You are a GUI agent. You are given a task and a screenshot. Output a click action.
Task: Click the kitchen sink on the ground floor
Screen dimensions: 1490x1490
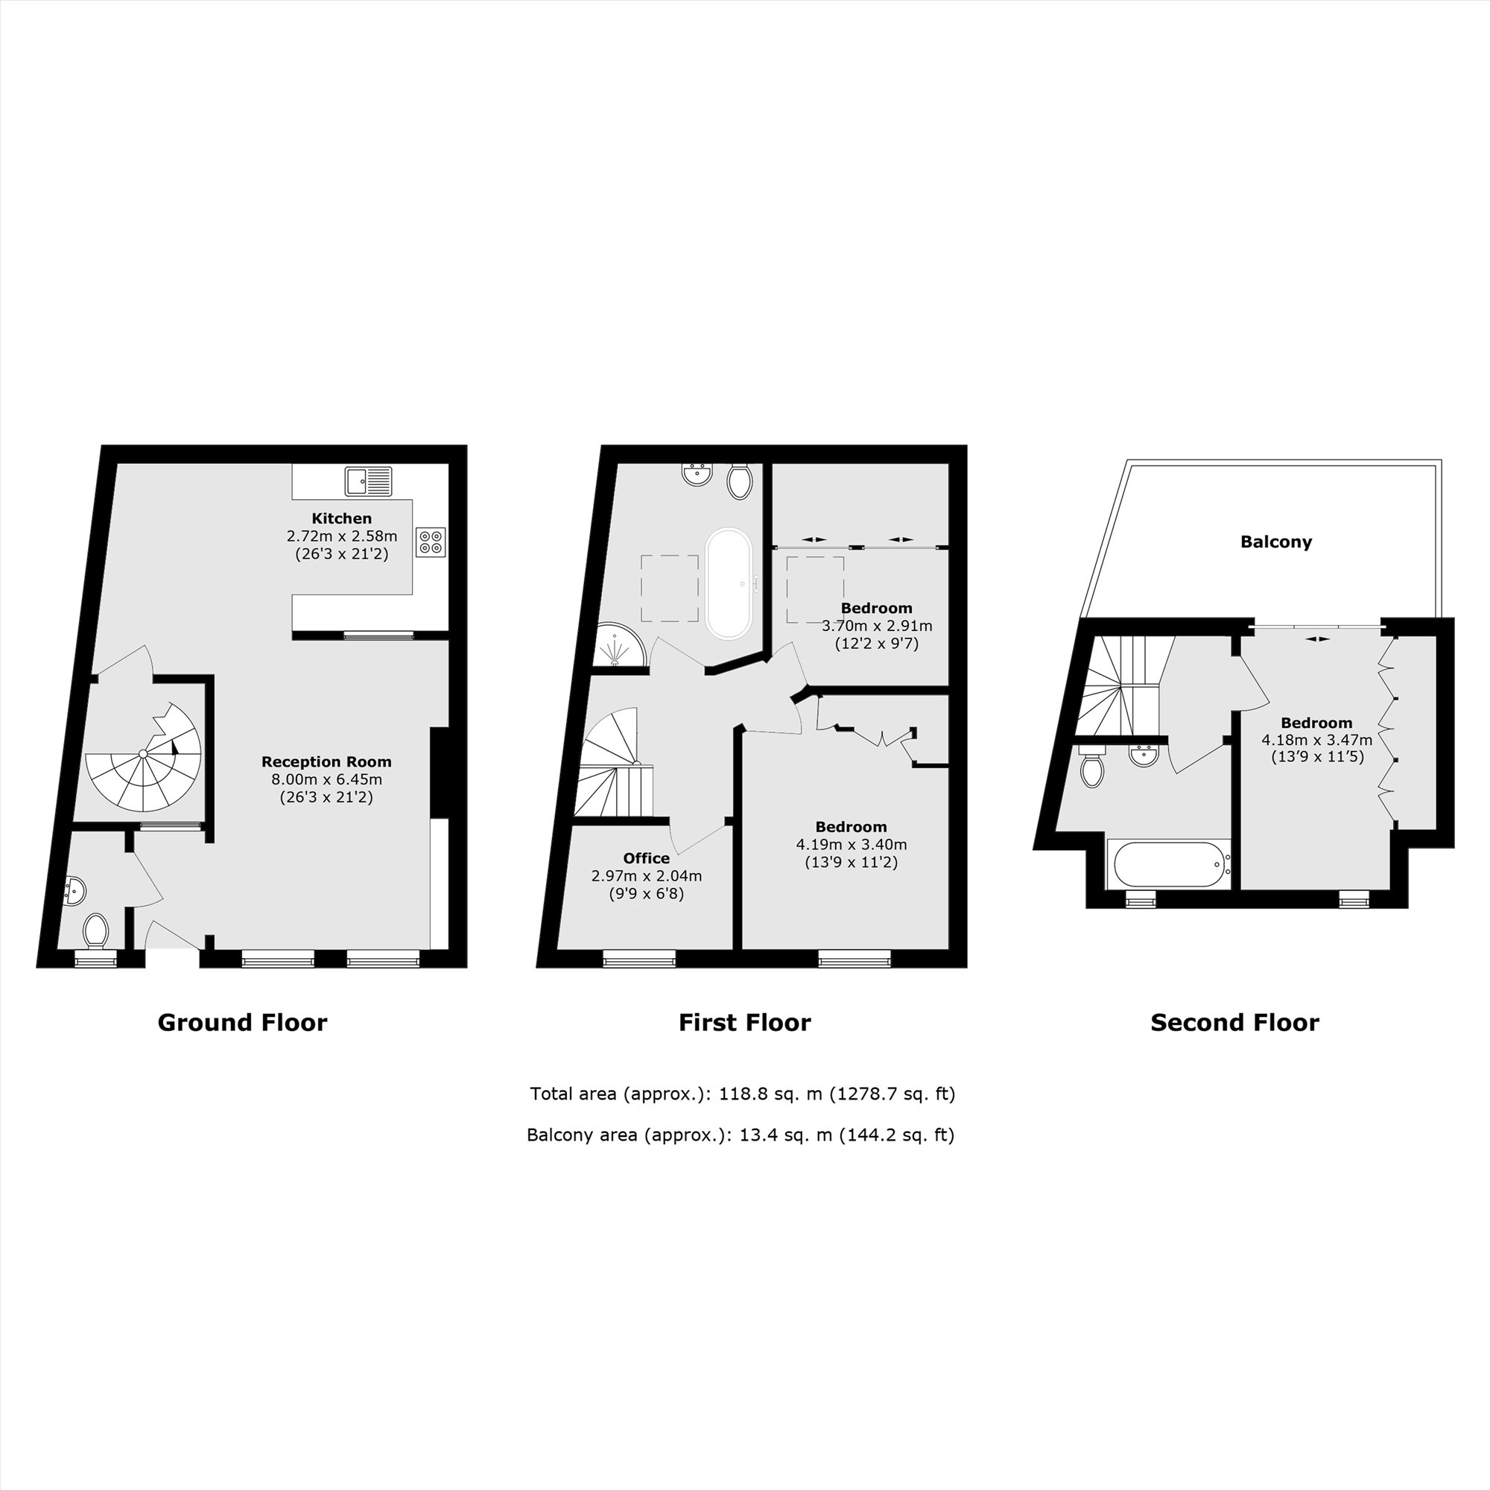pos(369,481)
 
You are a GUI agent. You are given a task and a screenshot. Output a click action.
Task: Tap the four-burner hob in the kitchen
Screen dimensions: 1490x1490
pos(431,542)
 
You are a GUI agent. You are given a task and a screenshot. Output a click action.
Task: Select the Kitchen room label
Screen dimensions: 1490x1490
pos(342,519)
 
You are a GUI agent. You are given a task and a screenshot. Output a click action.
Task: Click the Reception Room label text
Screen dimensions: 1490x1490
pos(326,762)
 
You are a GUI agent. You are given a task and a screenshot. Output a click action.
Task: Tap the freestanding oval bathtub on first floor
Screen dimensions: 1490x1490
pos(729,583)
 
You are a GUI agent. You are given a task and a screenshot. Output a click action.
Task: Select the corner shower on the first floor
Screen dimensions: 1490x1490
pos(621,644)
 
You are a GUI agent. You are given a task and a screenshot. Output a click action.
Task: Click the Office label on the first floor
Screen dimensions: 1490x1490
pos(646,858)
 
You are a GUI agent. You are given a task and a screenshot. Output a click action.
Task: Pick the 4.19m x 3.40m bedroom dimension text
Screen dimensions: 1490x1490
pos(852,845)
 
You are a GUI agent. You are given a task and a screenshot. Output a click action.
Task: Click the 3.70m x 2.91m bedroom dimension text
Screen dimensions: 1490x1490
pos(877,626)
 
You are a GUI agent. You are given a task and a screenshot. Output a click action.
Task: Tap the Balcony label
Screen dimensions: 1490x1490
pos(1276,542)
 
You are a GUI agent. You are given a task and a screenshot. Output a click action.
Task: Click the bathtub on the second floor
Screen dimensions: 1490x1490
pos(1167,863)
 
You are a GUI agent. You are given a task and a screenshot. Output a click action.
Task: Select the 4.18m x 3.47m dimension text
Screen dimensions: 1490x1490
pos(1317,740)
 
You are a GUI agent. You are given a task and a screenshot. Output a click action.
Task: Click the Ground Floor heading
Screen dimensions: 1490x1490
pos(242,1023)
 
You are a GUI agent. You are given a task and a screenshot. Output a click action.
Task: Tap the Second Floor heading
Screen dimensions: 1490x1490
pos(1234,1023)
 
